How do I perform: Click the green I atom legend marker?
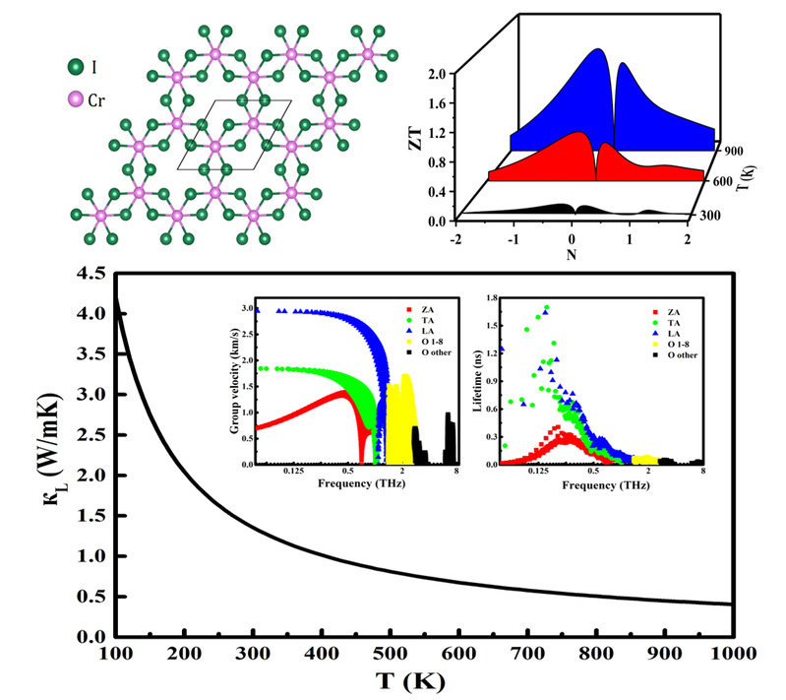(76, 68)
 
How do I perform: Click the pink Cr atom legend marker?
(76, 99)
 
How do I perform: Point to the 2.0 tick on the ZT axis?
(439, 73)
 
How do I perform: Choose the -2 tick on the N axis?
(455, 239)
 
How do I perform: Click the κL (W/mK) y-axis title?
(34, 453)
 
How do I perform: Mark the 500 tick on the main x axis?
(388, 655)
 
